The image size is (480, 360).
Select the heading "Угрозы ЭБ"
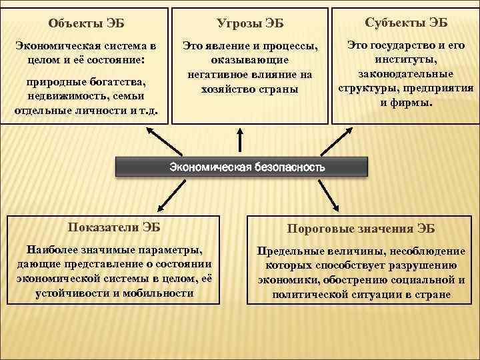tap(250, 24)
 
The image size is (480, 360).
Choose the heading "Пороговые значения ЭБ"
tap(361, 229)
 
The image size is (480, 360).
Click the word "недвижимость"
tap(57, 96)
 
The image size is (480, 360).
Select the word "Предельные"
tap(289, 251)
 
